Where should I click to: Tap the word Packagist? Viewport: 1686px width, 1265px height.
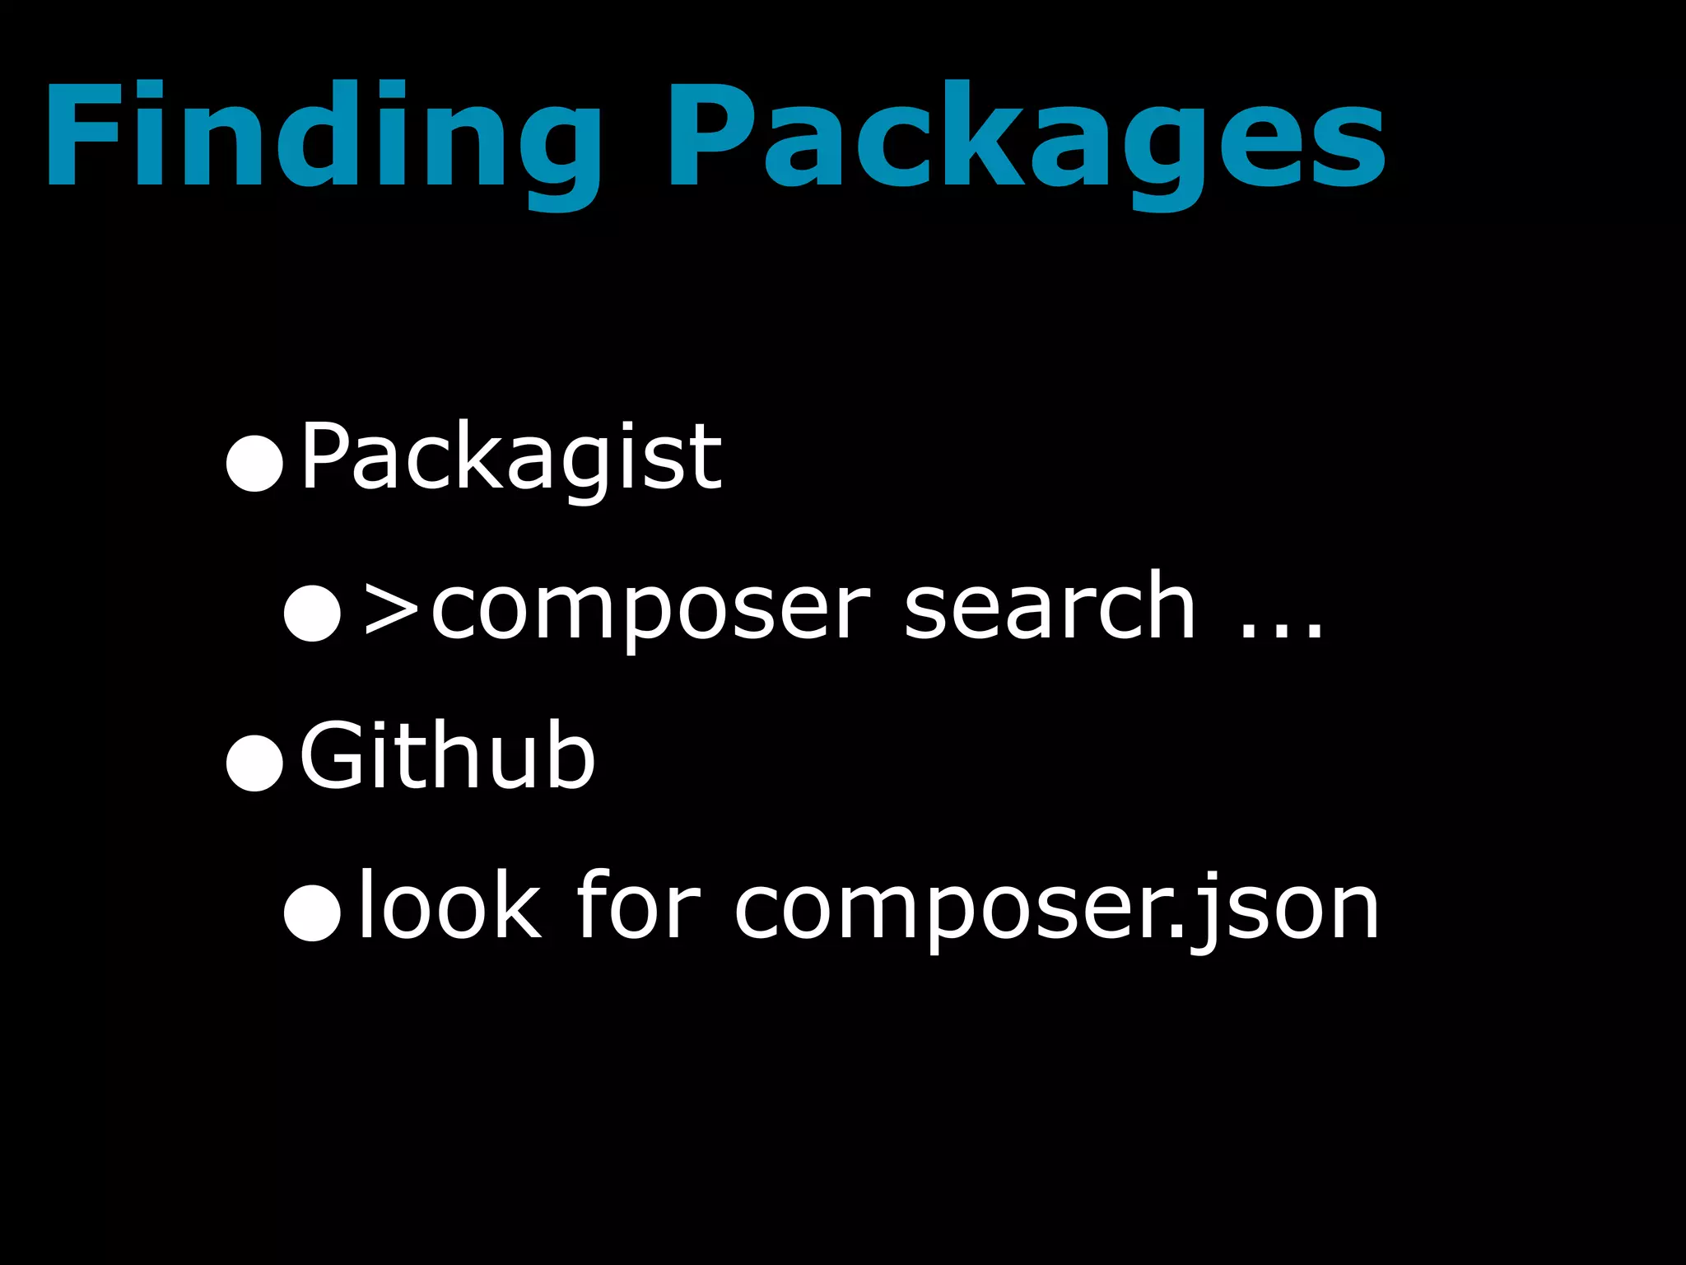[x=510, y=457]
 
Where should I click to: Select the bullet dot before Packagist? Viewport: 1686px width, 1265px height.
[x=254, y=464]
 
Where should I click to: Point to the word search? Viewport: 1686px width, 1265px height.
[x=1050, y=607]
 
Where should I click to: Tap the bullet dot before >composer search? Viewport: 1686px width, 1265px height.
[x=312, y=613]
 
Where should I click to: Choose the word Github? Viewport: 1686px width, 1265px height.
[x=447, y=755]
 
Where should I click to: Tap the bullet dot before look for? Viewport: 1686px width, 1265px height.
[x=312, y=913]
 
